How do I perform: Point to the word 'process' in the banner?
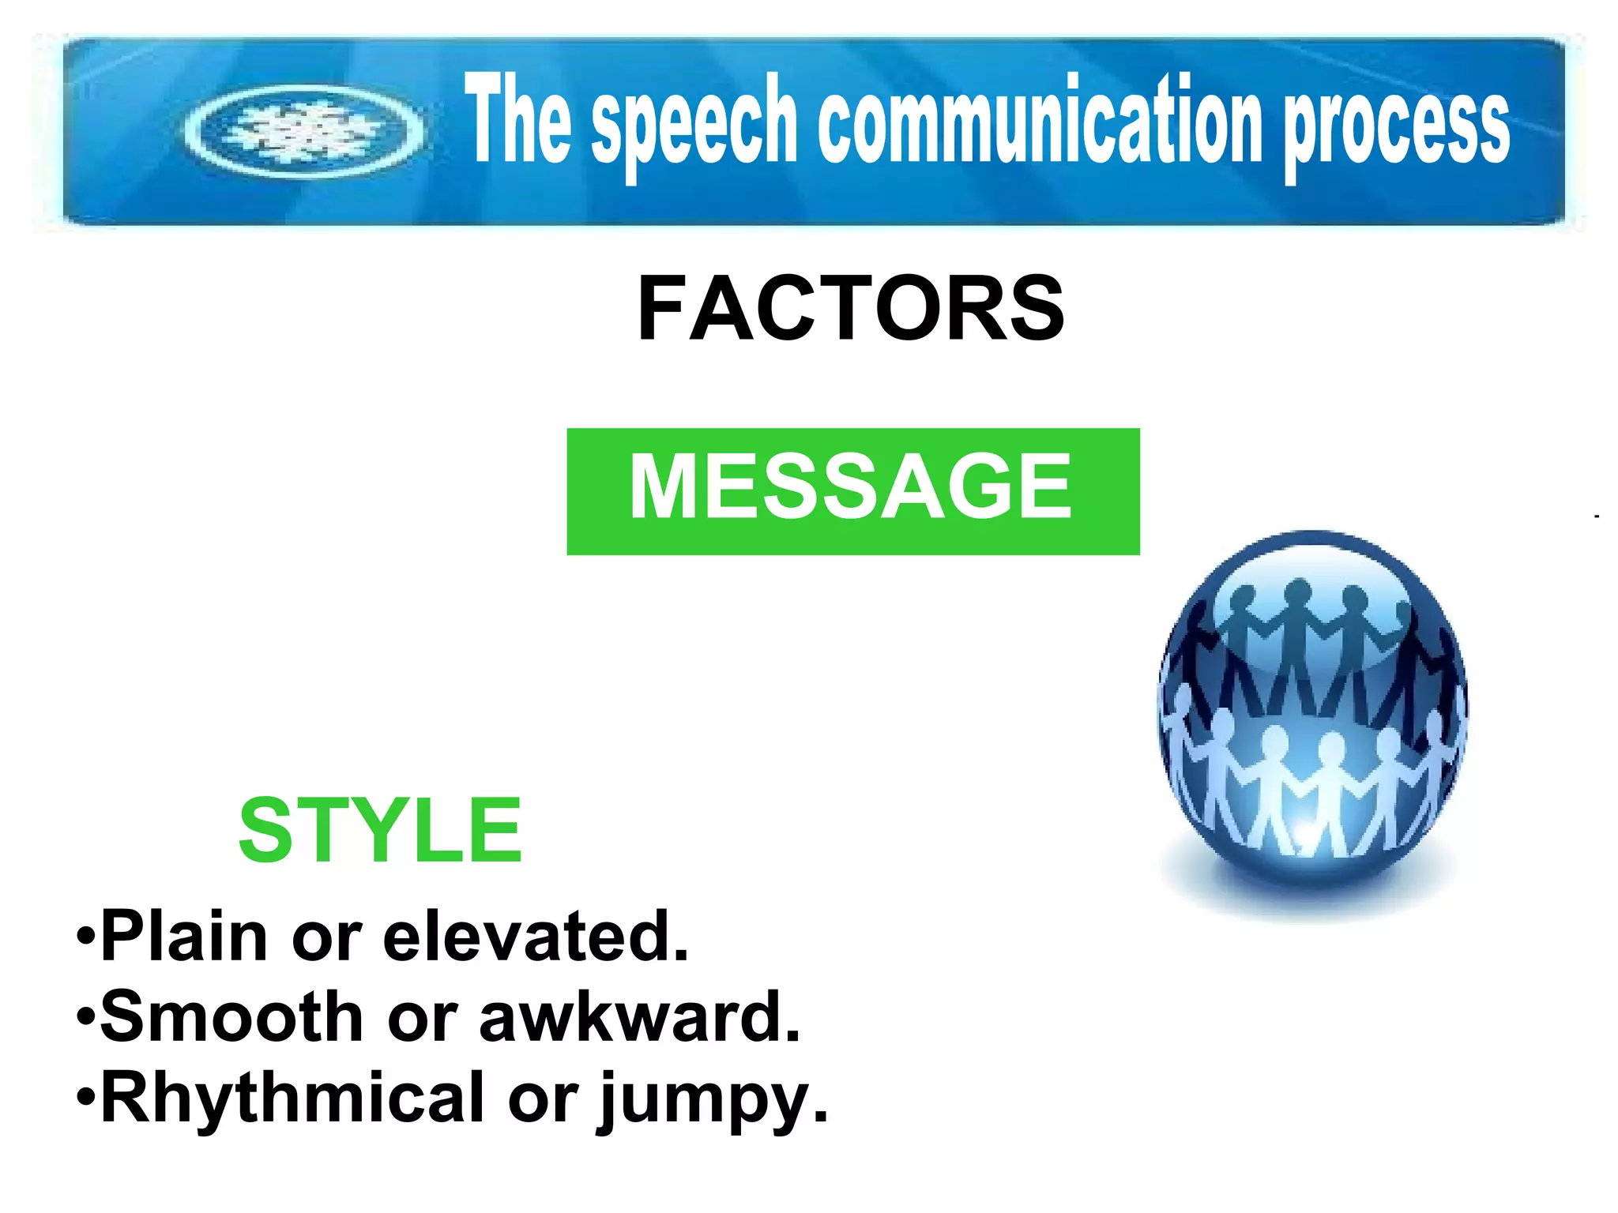pos(1396,126)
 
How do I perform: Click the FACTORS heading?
pos(850,308)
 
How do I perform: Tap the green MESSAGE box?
pos(852,491)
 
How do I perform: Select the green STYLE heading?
pos(380,830)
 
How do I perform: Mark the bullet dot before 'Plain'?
pos(86,938)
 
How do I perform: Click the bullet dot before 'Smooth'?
pos(86,1018)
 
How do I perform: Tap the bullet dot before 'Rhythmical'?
pos(86,1098)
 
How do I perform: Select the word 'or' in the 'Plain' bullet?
pos(326,940)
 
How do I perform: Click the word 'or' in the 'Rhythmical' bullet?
pos(543,1100)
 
